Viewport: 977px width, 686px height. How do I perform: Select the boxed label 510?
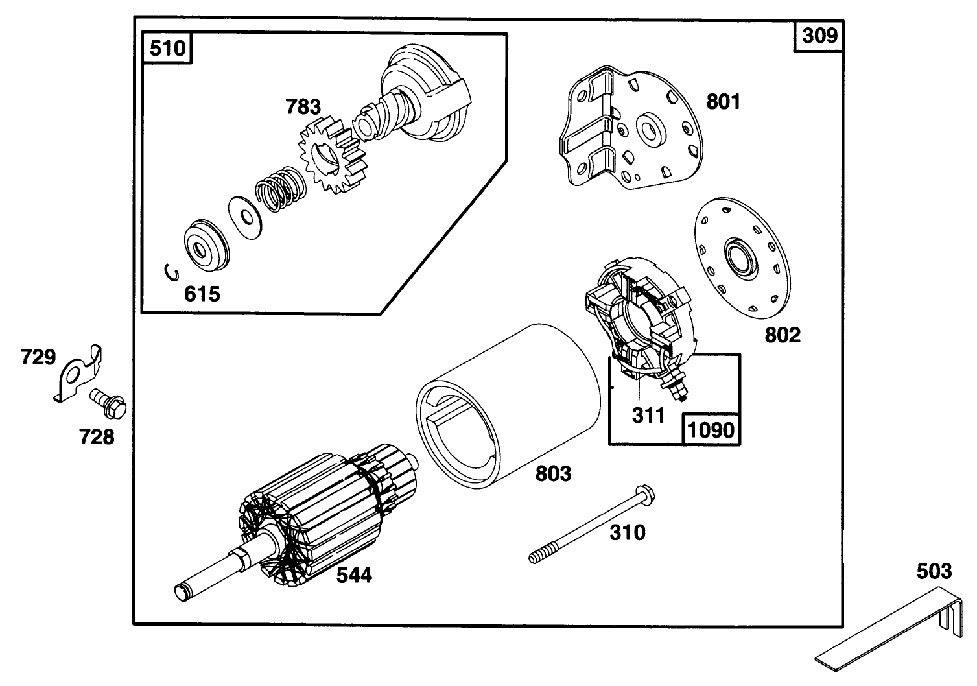(x=168, y=49)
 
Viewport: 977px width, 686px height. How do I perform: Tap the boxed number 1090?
(x=711, y=429)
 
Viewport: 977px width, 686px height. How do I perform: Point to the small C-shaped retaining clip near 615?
(x=172, y=273)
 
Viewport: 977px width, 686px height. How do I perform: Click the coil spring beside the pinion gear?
(x=279, y=189)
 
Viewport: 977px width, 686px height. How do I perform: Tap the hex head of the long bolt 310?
(x=644, y=490)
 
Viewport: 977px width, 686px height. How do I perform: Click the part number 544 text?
(x=354, y=574)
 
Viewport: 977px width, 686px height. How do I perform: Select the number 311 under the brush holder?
(x=648, y=415)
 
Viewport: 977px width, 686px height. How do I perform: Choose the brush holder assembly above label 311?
(x=639, y=318)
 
